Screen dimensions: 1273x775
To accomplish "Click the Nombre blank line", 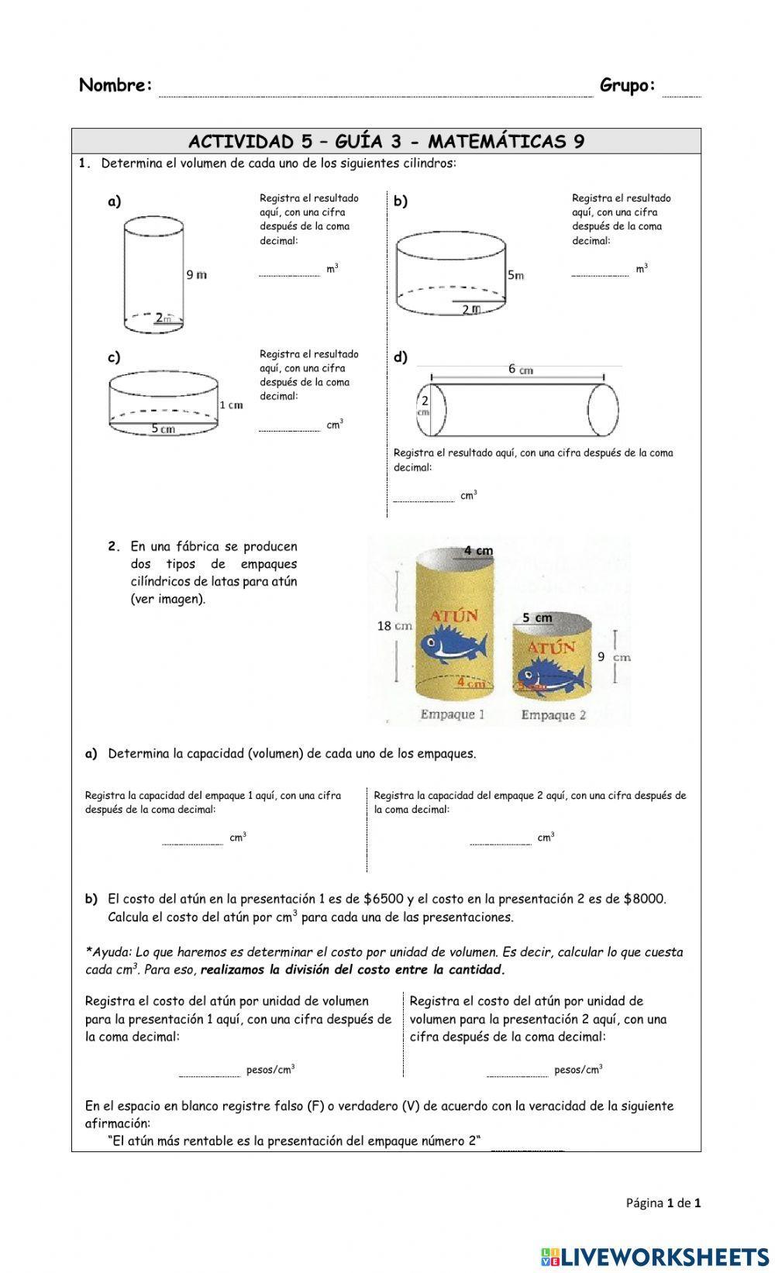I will point(376,91).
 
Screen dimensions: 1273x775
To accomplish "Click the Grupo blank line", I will point(681,91).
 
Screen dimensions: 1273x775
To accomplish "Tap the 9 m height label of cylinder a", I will point(196,274).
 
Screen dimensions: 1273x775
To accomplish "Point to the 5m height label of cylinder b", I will point(515,275).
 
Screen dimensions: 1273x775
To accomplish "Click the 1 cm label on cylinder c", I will point(231,404).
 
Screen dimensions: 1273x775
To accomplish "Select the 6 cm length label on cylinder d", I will point(520,370).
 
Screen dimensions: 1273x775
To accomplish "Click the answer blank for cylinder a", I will point(288,270).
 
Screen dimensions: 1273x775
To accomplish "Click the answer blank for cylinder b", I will point(600,270).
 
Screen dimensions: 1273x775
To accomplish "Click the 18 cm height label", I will point(394,625).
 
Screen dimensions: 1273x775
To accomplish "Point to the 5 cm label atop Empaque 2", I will point(537,618).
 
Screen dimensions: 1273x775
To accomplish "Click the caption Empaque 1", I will point(452,714).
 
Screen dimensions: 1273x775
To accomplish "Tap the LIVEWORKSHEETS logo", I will point(655,1256).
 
